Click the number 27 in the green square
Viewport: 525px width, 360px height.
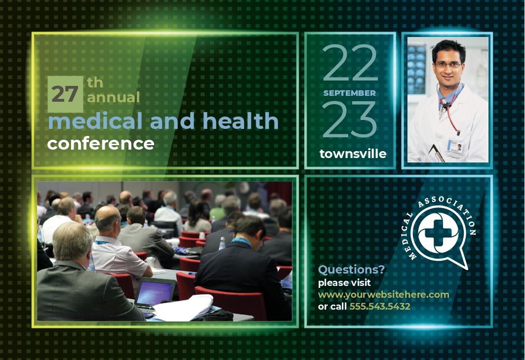tap(65, 94)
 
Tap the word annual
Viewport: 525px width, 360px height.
tap(114, 97)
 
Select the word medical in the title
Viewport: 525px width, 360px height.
tap(95, 120)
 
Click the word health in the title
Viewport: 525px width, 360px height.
tap(241, 120)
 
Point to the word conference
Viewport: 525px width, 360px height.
tap(101, 144)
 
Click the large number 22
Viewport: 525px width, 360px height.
tap(350, 63)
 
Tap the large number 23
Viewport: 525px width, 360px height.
tap(350, 120)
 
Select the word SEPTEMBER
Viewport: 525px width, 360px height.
tap(350, 93)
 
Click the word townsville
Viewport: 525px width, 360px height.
tap(353, 154)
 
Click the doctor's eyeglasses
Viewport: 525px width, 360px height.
tap(448, 65)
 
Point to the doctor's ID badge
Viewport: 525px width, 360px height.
tap(455, 146)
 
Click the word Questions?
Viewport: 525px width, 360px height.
tap(351, 270)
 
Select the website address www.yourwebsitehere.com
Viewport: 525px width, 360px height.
tap(384, 295)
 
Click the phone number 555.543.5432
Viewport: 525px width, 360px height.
tap(380, 306)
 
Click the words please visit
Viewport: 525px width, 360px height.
tap(344, 283)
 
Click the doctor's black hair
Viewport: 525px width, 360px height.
tap(448, 49)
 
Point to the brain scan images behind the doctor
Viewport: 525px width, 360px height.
tap(416, 69)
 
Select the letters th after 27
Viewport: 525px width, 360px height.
tap(95, 83)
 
